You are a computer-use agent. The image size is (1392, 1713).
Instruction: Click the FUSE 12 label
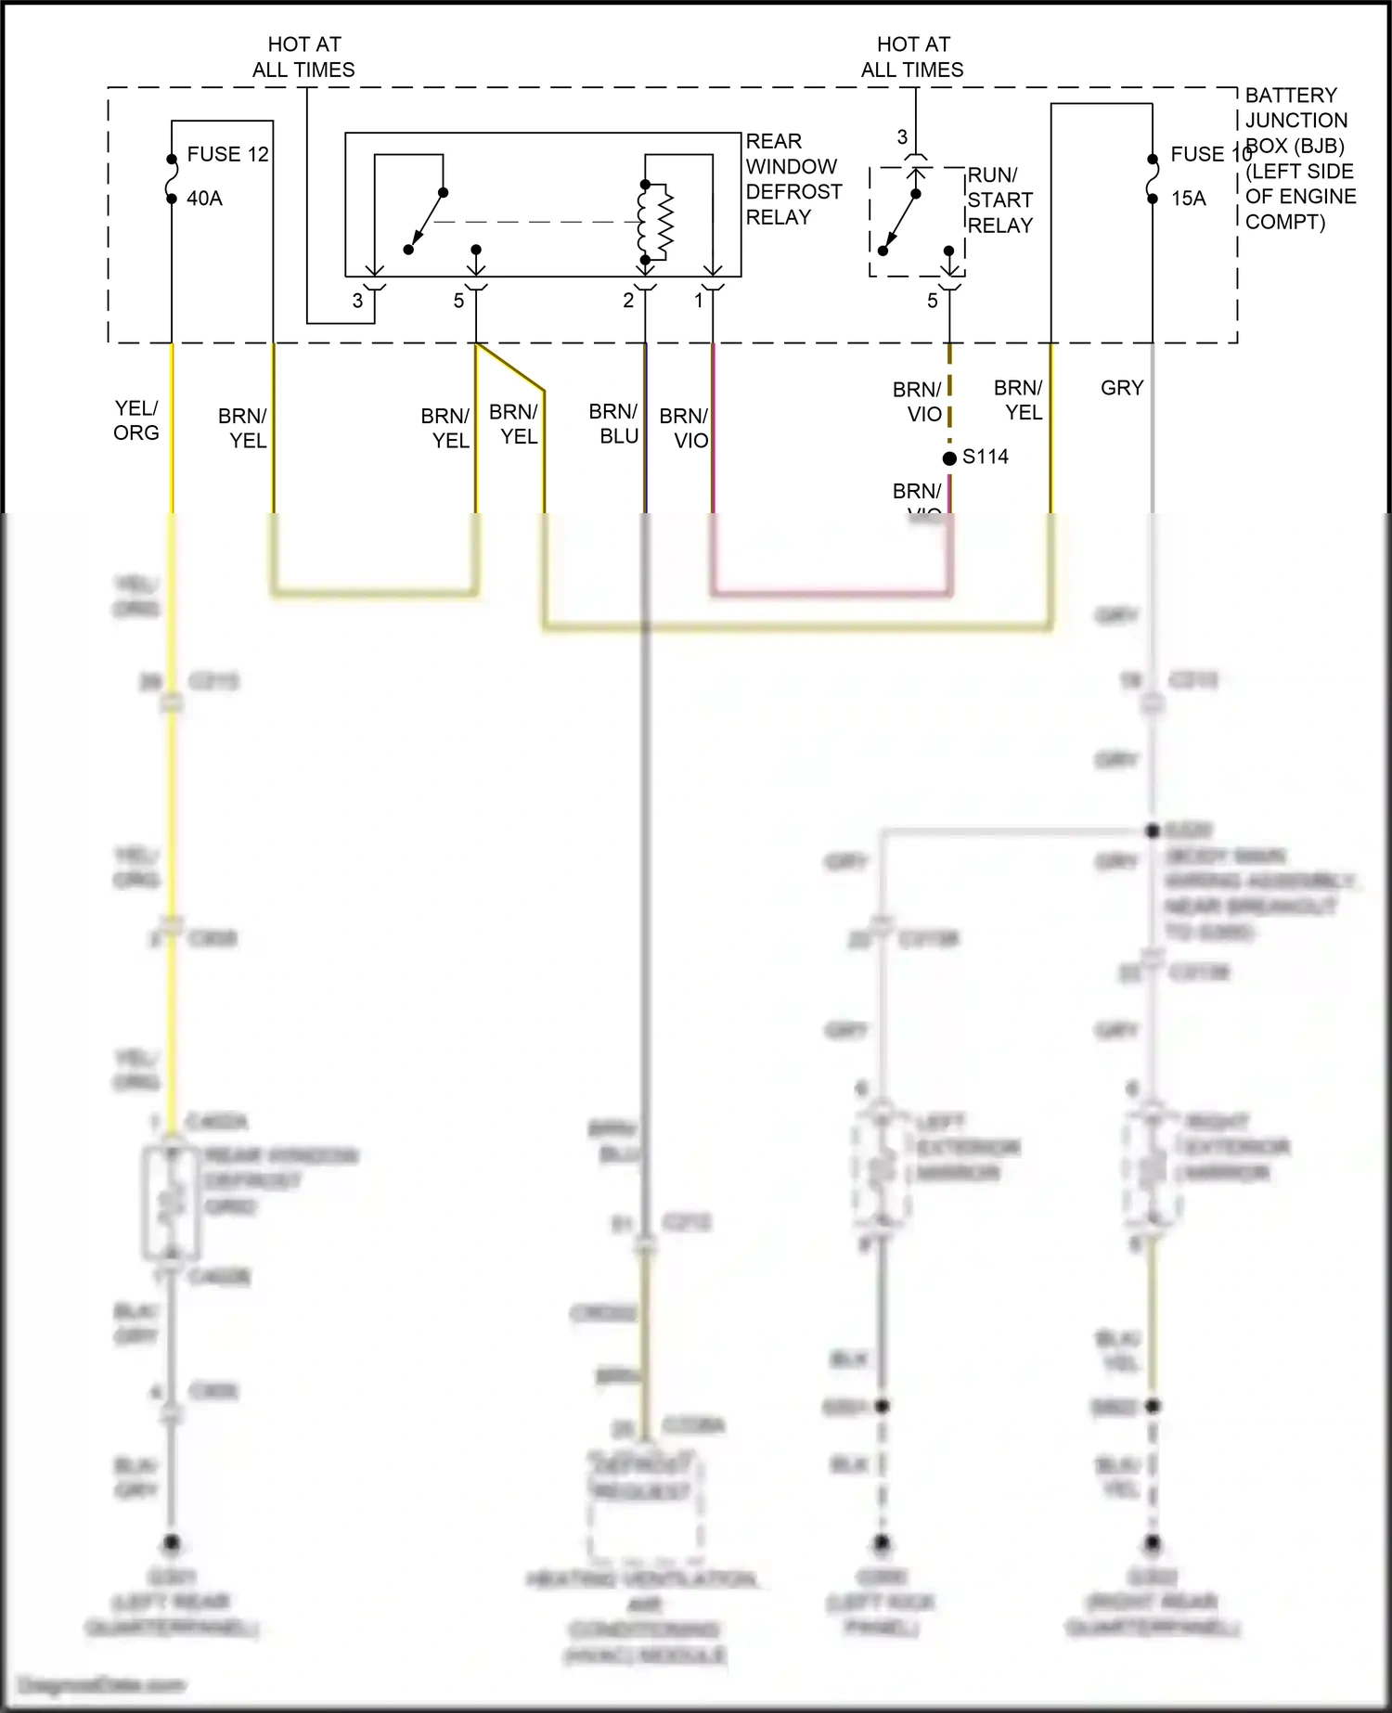(227, 154)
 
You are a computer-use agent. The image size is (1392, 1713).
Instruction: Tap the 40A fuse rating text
(204, 199)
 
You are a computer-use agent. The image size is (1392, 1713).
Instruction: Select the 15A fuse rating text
(1188, 199)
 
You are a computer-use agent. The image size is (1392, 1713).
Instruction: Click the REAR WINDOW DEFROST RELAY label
(793, 179)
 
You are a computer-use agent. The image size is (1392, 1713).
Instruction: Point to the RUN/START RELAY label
(999, 200)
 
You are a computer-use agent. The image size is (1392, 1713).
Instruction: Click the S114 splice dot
(948, 458)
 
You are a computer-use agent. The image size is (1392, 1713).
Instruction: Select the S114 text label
(985, 457)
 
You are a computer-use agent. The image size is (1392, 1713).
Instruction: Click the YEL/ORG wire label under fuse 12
(136, 420)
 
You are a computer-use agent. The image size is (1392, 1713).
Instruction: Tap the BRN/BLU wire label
(613, 424)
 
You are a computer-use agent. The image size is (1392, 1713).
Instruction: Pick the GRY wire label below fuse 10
(1122, 388)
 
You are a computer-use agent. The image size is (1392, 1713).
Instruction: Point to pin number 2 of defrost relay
(628, 301)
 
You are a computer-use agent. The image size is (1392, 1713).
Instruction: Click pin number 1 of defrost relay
(699, 301)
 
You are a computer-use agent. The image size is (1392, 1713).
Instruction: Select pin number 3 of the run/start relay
(902, 137)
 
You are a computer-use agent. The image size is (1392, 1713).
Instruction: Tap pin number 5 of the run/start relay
(933, 301)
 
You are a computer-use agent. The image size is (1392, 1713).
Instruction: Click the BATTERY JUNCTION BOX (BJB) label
(1299, 158)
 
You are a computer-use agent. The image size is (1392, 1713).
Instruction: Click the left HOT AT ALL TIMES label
(303, 57)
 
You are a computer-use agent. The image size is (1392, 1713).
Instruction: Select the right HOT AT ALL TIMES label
(912, 57)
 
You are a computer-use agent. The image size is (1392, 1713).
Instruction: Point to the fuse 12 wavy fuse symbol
(172, 178)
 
